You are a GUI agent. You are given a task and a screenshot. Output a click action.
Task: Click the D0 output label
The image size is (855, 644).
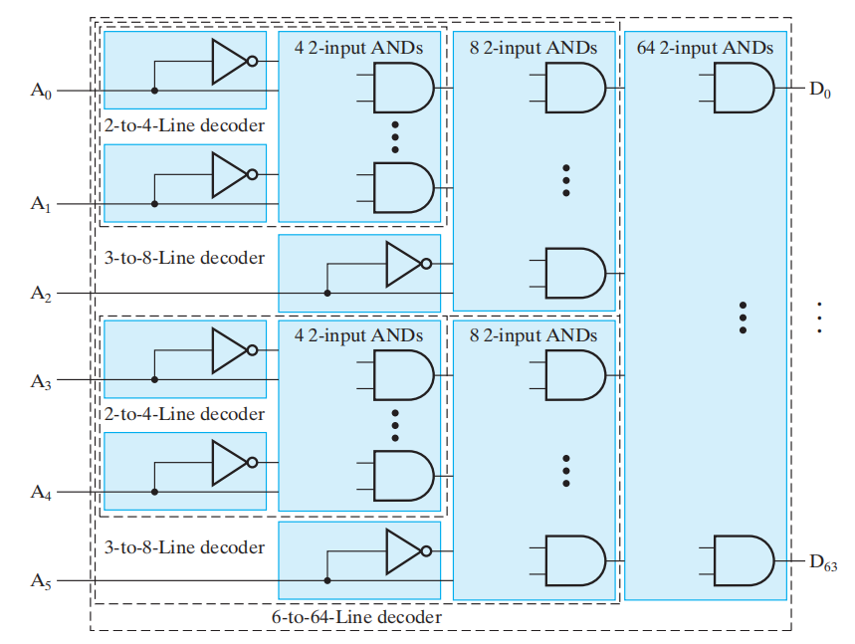tap(818, 90)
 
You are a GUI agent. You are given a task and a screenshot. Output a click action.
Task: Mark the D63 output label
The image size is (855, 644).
tap(822, 563)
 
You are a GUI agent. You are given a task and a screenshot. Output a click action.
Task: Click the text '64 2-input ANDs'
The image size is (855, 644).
tap(705, 46)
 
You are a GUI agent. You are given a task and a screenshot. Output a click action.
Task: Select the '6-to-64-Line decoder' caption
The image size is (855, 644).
tap(356, 617)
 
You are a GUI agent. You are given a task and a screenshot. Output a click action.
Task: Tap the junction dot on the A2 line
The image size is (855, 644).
tap(326, 294)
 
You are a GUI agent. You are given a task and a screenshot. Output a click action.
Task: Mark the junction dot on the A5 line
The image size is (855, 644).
tap(326, 581)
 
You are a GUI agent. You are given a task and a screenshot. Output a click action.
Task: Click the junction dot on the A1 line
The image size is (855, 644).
tap(154, 204)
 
